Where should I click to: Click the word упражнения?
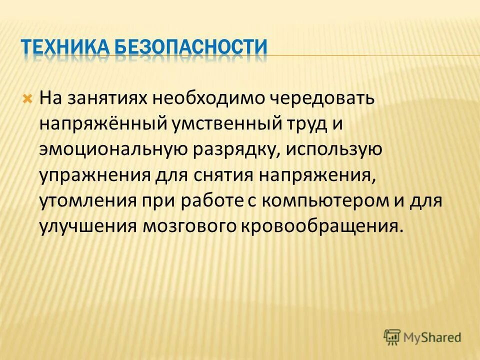click(x=95, y=175)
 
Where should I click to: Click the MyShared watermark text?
click(x=433, y=337)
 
